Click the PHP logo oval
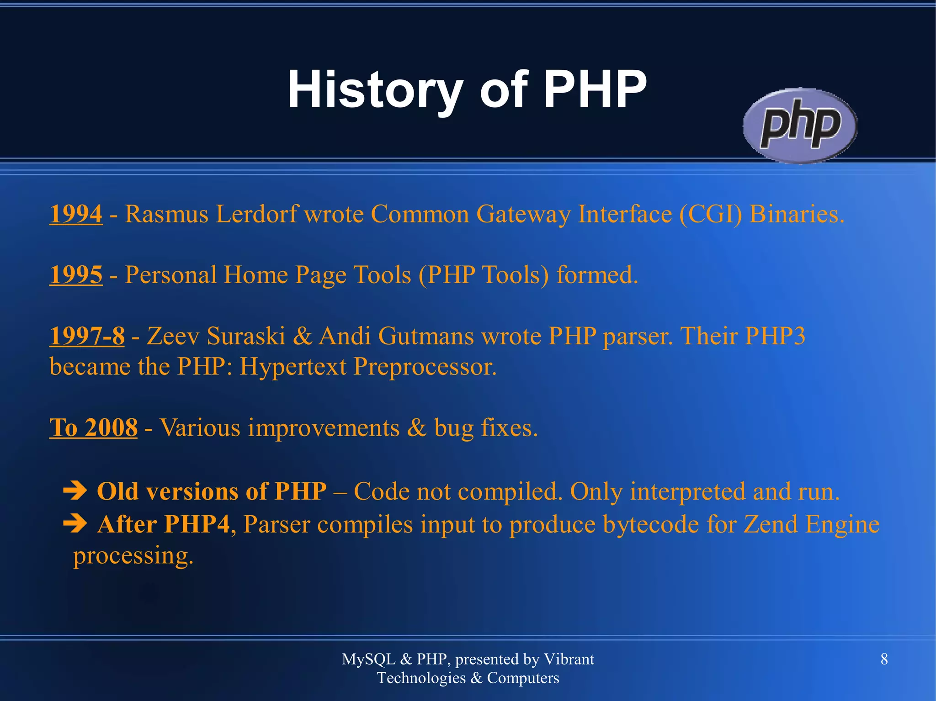point(799,126)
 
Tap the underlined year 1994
point(76,214)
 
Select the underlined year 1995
point(76,275)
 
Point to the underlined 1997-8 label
point(87,336)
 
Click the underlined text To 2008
point(93,428)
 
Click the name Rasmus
point(166,214)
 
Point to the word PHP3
point(775,336)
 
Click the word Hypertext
point(292,367)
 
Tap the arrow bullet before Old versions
point(74,491)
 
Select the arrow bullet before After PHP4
point(74,524)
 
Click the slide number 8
point(884,659)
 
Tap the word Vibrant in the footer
point(569,659)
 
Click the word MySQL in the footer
point(368,659)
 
